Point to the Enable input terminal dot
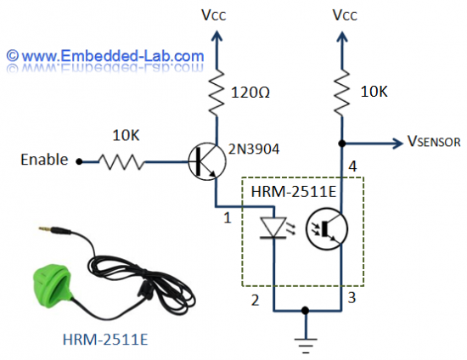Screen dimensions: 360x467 pos(79,160)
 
